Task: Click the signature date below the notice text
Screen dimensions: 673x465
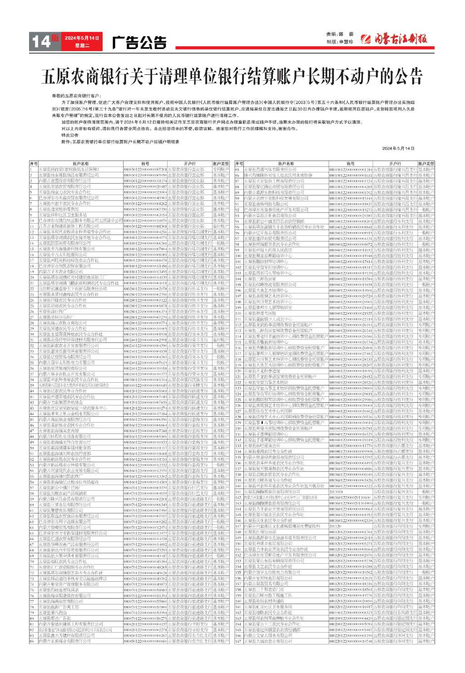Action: (398, 148)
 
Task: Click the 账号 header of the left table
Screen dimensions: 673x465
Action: (145, 164)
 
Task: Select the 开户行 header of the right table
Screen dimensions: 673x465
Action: (395, 164)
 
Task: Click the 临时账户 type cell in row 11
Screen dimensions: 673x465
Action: (221, 226)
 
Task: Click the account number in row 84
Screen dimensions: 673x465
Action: (145, 641)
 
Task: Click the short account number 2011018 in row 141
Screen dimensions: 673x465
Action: (336, 492)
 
